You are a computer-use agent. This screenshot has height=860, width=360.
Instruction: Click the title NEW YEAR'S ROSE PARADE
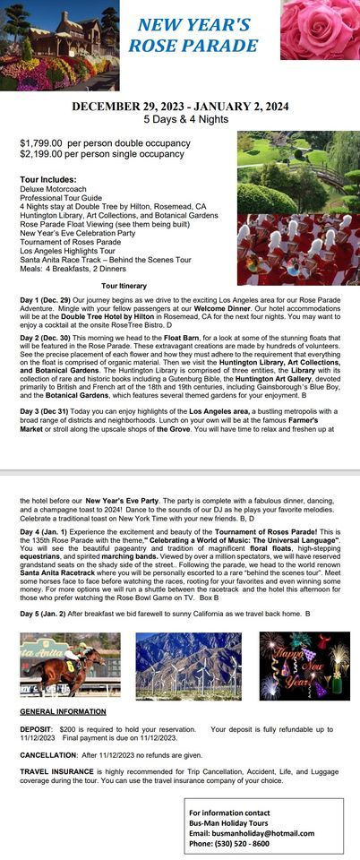coord(193,35)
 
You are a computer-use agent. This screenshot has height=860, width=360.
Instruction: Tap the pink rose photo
coord(320,30)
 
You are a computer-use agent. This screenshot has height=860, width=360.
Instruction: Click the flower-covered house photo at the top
coord(59,45)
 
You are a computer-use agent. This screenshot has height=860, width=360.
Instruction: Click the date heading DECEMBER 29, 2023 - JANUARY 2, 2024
coord(180,107)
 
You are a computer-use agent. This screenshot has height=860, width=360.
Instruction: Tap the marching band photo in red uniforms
coord(297,249)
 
